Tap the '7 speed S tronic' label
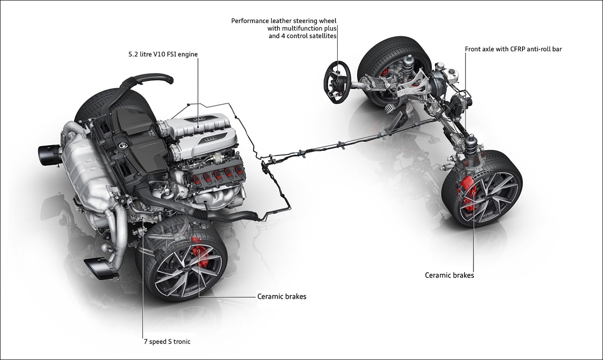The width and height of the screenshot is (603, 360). click(167, 342)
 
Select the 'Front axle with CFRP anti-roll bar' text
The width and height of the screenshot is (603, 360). click(513, 49)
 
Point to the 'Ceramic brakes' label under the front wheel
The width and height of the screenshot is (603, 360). click(449, 275)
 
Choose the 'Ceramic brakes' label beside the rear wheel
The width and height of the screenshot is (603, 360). click(282, 297)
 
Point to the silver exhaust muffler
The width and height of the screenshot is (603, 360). click(90, 174)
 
